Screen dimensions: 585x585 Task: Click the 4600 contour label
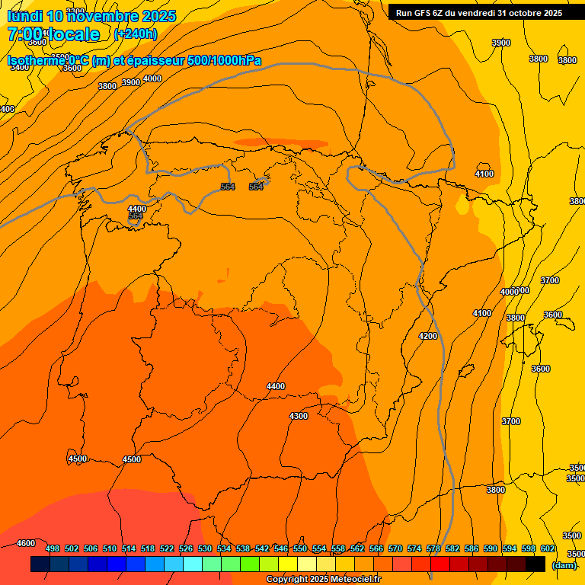tap(26, 543)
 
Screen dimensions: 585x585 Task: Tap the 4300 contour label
tap(299, 416)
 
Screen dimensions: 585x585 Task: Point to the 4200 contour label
tap(428, 336)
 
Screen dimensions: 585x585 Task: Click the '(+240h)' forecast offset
tap(136, 34)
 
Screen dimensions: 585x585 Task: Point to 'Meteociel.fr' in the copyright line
tap(353, 580)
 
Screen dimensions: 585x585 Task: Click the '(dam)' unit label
tap(564, 564)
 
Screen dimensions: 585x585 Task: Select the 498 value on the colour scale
tap(53, 548)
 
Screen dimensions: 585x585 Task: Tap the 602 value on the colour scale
tap(548, 548)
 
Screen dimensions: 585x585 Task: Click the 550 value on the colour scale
tap(300, 548)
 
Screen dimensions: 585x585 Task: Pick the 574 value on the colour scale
tap(414, 548)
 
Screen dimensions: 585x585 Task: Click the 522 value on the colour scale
tap(167, 548)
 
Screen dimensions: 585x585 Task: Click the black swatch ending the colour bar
tap(535, 564)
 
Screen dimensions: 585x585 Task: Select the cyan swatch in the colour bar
tap(193, 564)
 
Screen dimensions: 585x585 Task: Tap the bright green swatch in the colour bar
tap(250, 564)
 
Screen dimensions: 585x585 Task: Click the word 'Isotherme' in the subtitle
tap(37, 61)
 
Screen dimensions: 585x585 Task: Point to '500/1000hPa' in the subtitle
tap(226, 61)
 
